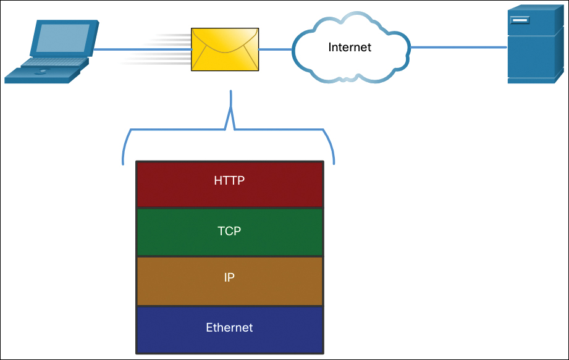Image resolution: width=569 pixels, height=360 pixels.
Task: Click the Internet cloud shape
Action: pyautogui.click(x=349, y=48)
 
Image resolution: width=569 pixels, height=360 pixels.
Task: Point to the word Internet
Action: pyautogui.click(x=350, y=47)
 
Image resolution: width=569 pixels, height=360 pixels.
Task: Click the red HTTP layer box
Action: pyautogui.click(x=230, y=184)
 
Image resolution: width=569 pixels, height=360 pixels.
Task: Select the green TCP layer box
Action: pyautogui.click(x=230, y=232)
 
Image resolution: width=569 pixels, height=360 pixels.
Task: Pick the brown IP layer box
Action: pyautogui.click(x=230, y=281)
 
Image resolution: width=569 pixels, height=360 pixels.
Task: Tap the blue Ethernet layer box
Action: pyautogui.click(x=230, y=329)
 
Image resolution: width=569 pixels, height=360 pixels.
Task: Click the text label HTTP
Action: pyautogui.click(x=230, y=181)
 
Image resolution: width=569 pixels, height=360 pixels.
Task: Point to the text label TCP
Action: pyautogui.click(x=229, y=232)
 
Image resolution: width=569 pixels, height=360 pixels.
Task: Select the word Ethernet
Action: pyautogui.click(x=229, y=327)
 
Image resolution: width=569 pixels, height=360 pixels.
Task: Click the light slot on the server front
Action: pyautogui.click(x=520, y=21)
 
